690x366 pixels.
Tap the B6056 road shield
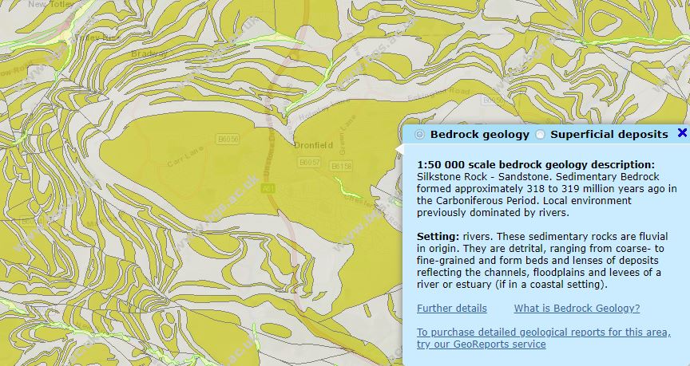pyautogui.click(x=228, y=140)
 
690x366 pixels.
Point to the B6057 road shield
pyautogui.click(x=309, y=162)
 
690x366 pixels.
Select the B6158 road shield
pyautogui.click(x=341, y=166)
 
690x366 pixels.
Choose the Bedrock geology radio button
pyautogui.click(x=420, y=135)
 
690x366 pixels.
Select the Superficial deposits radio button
pyautogui.click(x=541, y=135)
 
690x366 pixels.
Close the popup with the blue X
pyautogui.click(x=682, y=133)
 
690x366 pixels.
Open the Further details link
pyautogui.click(x=451, y=309)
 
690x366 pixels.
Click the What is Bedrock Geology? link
pyautogui.click(x=577, y=309)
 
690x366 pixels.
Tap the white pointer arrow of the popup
pyautogui.click(x=399, y=148)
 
